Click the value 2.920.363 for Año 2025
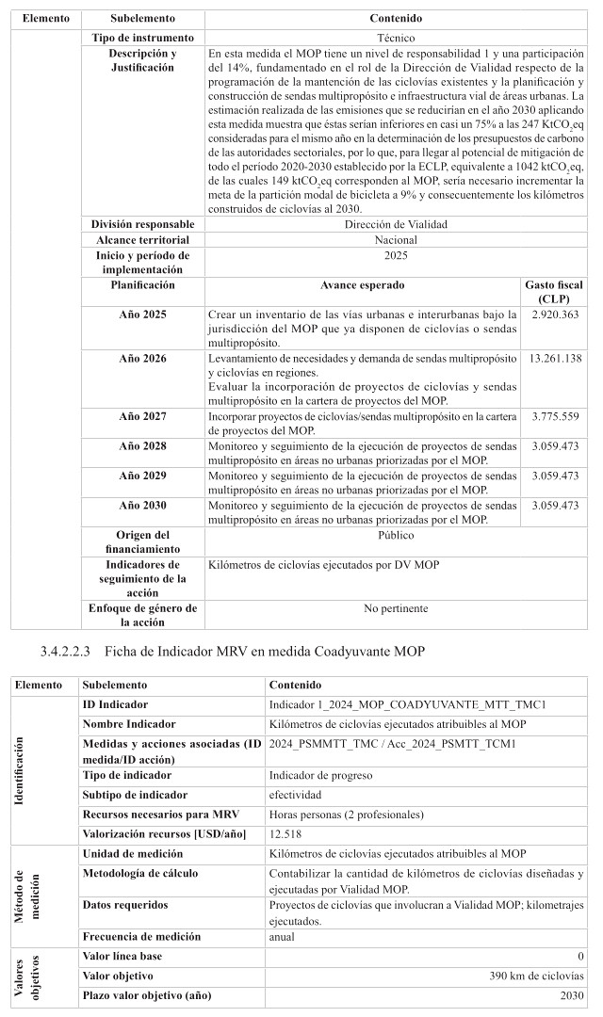555,313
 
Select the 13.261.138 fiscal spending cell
555,358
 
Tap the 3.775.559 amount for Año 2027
555,416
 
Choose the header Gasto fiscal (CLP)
555,291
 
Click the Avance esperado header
362,284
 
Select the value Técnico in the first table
395,37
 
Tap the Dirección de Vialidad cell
395,225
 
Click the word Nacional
395,240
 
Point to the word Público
395,535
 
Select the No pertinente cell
395,608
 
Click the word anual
282,937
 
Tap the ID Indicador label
115,704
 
